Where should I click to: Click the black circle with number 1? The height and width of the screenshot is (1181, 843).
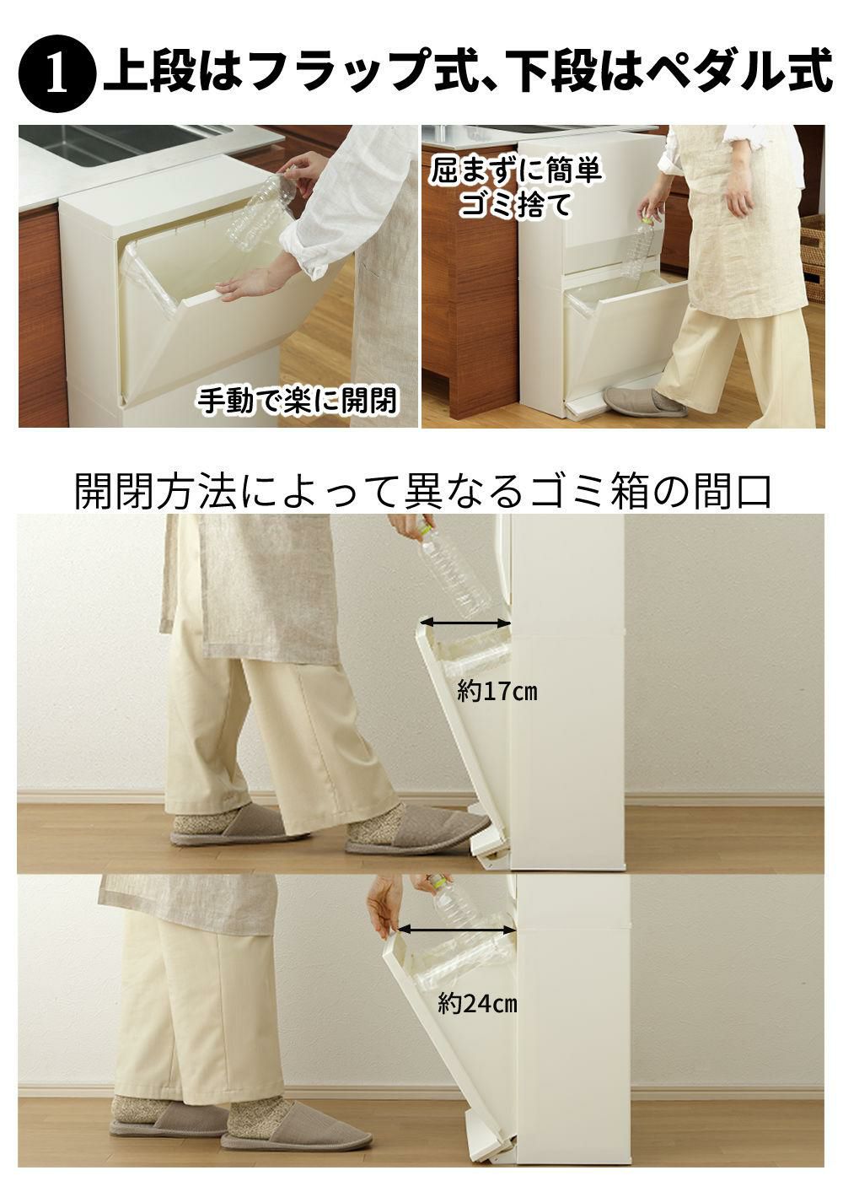click(x=57, y=74)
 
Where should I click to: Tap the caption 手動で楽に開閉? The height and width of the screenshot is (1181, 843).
click(x=297, y=401)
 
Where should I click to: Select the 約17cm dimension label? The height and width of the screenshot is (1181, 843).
click(x=497, y=691)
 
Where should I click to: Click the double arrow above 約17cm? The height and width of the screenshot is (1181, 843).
click(x=465, y=623)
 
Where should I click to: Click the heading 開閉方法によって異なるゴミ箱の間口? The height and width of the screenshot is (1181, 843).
click(x=423, y=491)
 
